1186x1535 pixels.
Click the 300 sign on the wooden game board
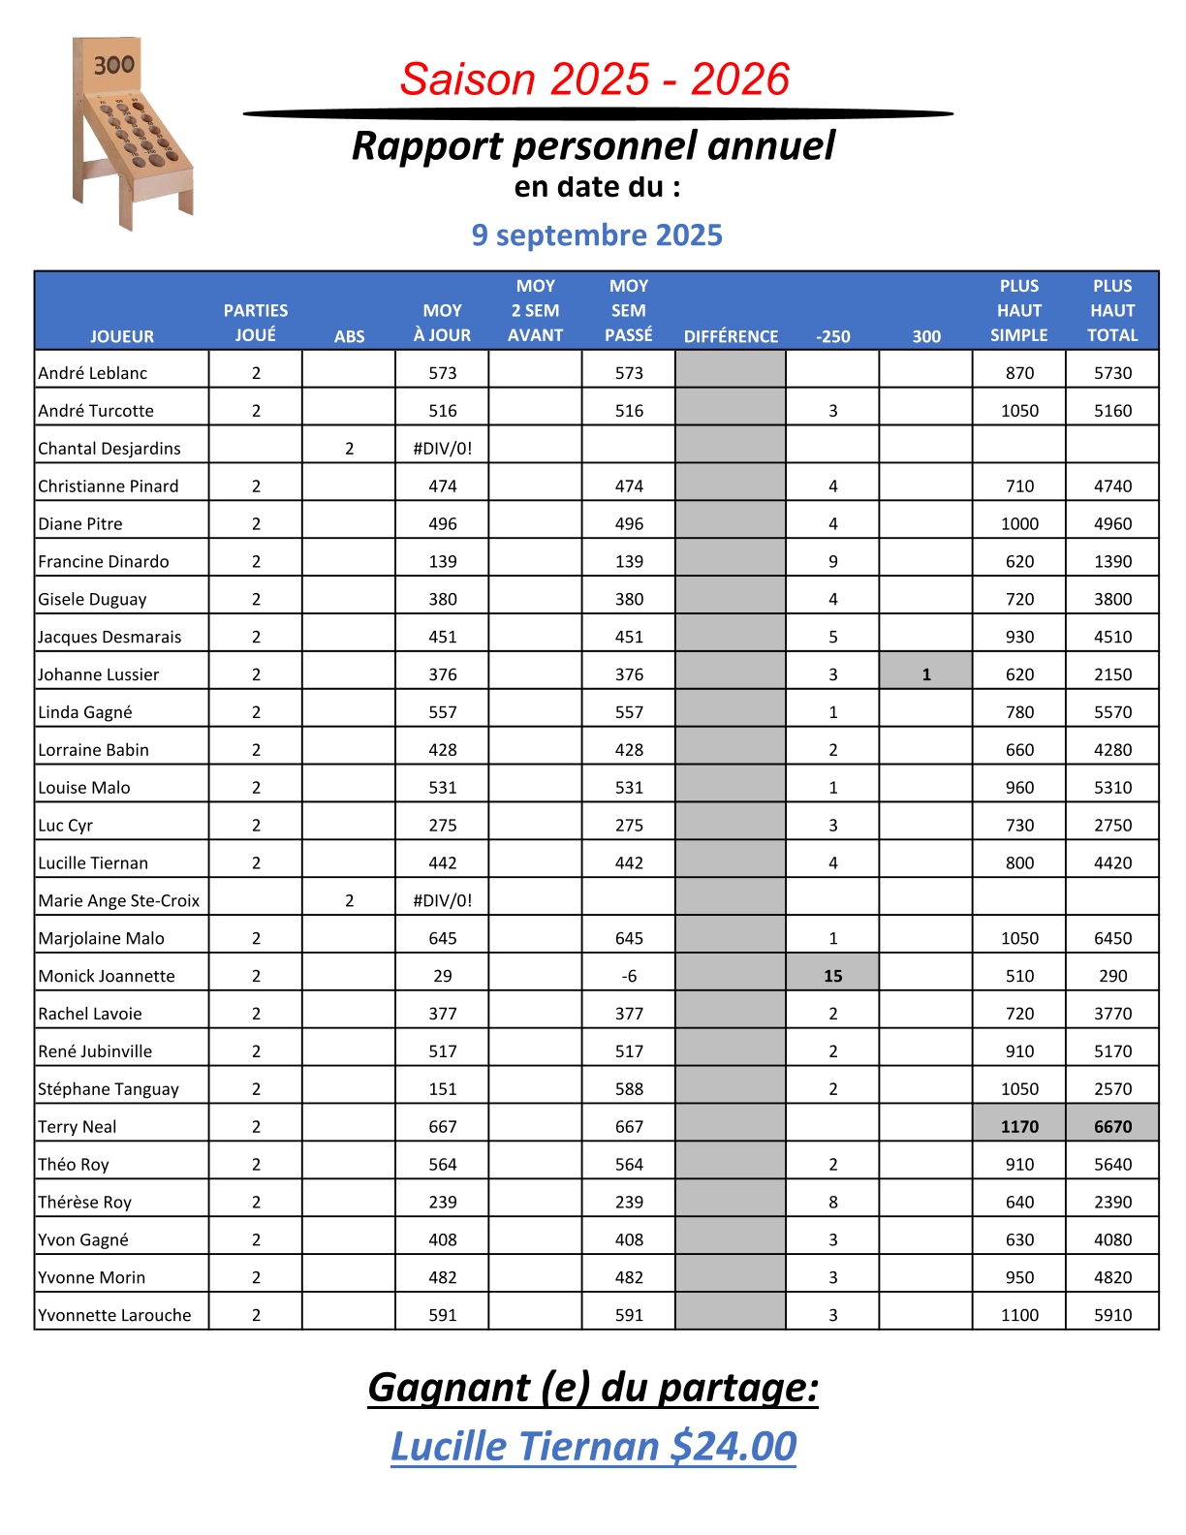tap(114, 65)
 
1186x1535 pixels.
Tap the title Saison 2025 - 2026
tap(595, 79)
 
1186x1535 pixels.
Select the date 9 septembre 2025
tap(597, 235)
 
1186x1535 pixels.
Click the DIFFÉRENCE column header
tap(731, 336)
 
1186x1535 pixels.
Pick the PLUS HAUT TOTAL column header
tap(1112, 311)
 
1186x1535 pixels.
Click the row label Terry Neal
tap(78, 1126)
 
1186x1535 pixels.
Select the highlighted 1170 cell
tap(1019, 1126)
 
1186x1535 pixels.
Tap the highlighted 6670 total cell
tap(1112, 1126)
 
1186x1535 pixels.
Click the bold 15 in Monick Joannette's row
tap(832, 976)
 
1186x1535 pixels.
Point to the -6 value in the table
tap(629, 976)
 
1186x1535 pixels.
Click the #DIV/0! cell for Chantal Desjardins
tap(443, 449)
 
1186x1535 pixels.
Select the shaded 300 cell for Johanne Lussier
tap(926, 674)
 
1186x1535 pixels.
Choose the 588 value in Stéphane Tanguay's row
tap(629, 1089)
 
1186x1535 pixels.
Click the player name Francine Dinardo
tap(104, 562)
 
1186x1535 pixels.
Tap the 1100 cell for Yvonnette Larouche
tap(1019, 1315)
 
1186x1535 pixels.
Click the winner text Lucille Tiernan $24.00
tap(593, 1446)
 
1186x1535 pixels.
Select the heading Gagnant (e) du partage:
tap(593, 1387)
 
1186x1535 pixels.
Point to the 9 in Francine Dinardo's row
tap(832, 562)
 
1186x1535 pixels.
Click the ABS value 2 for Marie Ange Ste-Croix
tap(350, 901)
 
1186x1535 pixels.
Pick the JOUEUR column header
tap(122, 336)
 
